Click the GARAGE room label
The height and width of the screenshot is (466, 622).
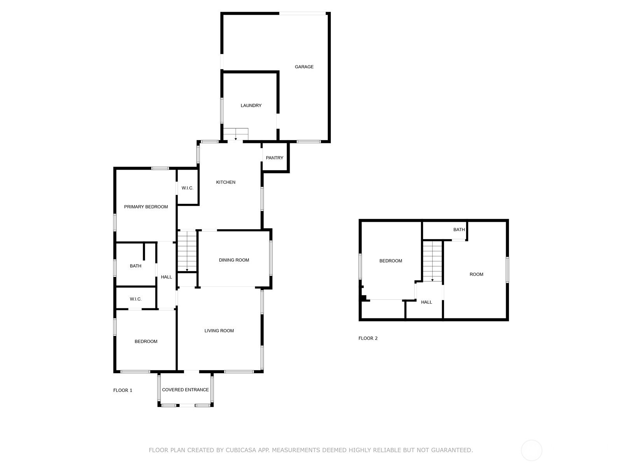coord(304,67)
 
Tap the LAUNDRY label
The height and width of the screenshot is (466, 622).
coord(251,106)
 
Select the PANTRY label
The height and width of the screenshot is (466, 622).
coord(274,158)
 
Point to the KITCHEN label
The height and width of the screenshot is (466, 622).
coord(225,182)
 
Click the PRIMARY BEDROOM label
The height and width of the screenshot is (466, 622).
coord(146,207)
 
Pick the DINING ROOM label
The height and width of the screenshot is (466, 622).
coord(234,260)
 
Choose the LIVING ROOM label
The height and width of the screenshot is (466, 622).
coord(219,331)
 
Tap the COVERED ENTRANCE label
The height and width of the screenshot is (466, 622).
coord(185,390)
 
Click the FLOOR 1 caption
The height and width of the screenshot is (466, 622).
coord(123,390)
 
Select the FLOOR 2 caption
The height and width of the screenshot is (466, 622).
coord(368,338)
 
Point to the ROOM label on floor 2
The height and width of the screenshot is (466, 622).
coord(476,275)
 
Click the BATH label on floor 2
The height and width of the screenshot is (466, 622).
coord(459,230)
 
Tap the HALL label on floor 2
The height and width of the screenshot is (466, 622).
coord(426,302)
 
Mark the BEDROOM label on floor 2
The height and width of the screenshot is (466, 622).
coord(390,261)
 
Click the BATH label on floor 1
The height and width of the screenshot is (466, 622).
coord(135,266)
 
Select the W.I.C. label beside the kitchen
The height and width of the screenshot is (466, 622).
coord(187,188)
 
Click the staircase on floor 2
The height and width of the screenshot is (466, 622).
coord(432,261)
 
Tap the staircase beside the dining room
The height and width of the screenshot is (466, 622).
coord(187,252)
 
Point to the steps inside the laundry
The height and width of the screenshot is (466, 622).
coord(236,134)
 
